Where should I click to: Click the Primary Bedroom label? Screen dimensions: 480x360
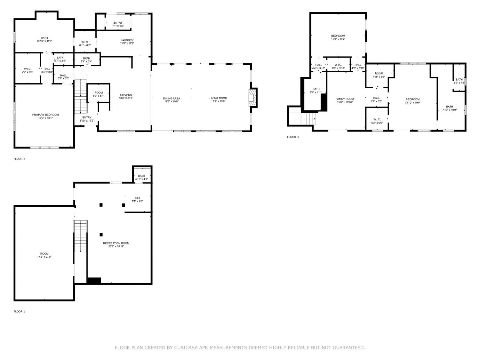pos(45,115)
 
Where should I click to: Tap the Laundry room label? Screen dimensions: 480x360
pos(127,40)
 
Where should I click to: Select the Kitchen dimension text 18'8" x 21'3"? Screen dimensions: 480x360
pos(126,98)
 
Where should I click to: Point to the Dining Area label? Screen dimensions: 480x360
pos(172,98)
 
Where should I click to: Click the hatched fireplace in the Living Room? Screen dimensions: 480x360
pos(252,98)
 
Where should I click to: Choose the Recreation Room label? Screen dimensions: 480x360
pos(116,243)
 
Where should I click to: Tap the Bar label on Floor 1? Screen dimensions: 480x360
pos(138,198)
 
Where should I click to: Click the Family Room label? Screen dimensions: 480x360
pos(345,99)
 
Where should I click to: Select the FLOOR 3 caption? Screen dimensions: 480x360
pos(293,137)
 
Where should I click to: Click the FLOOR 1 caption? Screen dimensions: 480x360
pos(19,311)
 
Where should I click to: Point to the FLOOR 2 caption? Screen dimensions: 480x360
pos(19,159)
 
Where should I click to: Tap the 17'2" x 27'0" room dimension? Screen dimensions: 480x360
pos(44,257)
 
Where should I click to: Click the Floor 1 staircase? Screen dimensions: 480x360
pos(80,236)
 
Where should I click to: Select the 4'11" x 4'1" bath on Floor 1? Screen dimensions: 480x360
pos(141,178)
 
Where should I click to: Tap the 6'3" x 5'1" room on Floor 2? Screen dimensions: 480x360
pos(99,94)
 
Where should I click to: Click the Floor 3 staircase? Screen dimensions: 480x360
pos(302,116)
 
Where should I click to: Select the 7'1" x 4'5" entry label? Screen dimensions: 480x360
pos(118,24)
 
